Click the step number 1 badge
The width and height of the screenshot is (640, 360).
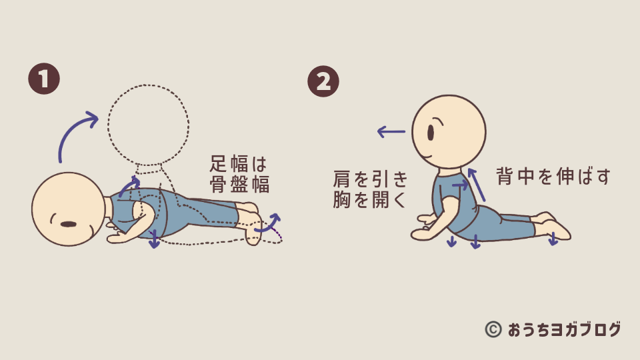[44, 79]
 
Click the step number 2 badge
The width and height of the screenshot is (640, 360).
[323, 81]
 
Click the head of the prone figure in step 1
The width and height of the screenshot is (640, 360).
[68, 209]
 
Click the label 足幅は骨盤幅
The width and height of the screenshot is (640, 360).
[239, 174]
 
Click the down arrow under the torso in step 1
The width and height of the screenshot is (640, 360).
[154, 239]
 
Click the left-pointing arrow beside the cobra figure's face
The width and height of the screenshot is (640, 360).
[391, 132]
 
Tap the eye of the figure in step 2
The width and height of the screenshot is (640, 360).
[431, 133]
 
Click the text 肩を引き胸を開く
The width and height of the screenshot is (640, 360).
[371, 189]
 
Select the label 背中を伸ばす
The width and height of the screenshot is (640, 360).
[553, 176]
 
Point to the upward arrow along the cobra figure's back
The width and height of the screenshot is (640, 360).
[476, 185]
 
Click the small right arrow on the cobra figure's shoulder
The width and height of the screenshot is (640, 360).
[461, 185]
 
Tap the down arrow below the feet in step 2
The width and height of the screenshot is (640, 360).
[553, 239]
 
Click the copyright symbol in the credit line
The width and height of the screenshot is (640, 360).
[493, 329]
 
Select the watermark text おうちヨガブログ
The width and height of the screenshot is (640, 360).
[565, 329]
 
